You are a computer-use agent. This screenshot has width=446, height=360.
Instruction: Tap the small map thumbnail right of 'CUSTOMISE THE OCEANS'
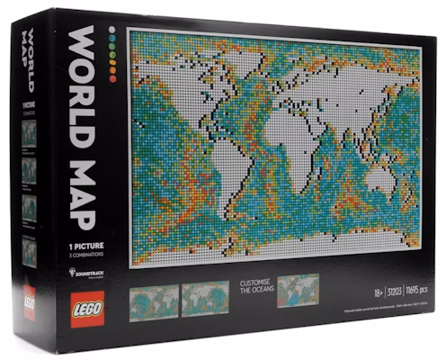(299, 290)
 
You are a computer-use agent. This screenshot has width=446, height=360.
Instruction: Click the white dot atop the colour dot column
(111, 29)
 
